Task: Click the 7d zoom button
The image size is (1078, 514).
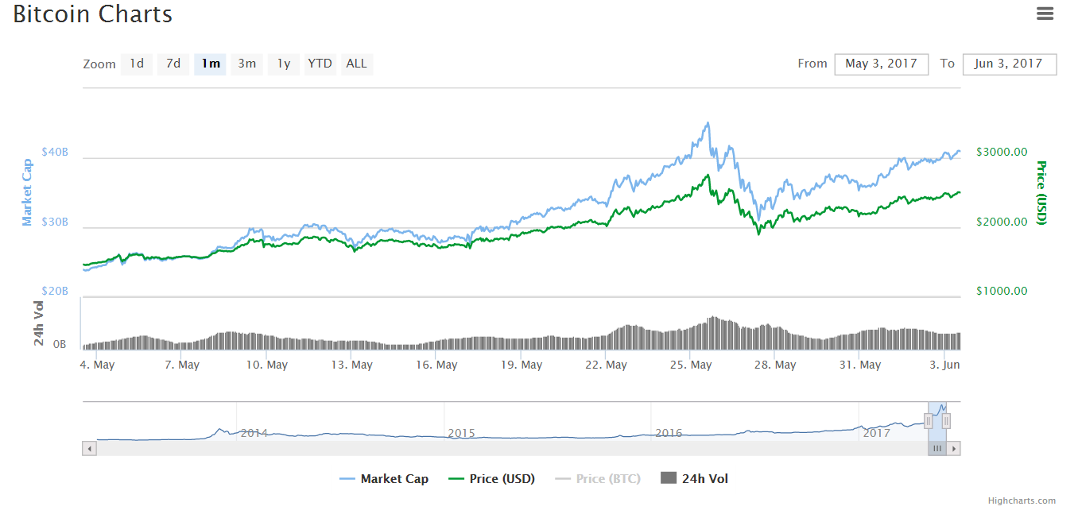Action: [x=173, y=64]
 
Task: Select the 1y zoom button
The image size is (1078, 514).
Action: [x=284, y=64]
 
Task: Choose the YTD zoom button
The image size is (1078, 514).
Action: [x=320, y=64]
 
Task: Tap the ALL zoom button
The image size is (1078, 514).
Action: [x=357, y=64]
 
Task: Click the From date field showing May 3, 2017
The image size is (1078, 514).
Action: [x=881, y=64]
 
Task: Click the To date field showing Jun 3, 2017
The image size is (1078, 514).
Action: [x=1009, y=64]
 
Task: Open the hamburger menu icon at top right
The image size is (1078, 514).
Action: [x=1045, y=14]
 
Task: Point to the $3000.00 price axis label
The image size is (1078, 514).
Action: [x=1002, y=152]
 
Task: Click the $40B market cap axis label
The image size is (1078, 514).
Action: [x=55, y=152]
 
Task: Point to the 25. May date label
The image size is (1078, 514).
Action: [x=690, y=365]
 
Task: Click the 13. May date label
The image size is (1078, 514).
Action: [x=352, y=365]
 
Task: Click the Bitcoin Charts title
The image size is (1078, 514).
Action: [x=92, y=14]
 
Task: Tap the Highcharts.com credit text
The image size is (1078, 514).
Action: [x=1022, y=500]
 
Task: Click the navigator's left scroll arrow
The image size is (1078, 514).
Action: [x=90, y=449]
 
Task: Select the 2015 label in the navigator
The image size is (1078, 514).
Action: [x=461, y=433]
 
